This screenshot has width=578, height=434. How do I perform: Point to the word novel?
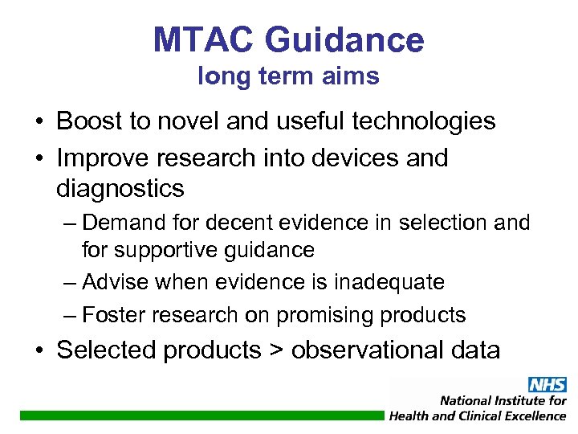click(197, 121)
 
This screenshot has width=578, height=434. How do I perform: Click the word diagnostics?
click(120, 189)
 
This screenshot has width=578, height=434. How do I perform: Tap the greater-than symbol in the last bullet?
click(276, 350)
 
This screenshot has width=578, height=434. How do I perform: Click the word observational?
click(368, 350)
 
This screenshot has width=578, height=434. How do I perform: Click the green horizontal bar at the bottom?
click(201, 416)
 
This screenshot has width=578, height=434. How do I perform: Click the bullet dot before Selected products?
click(39, 350)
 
